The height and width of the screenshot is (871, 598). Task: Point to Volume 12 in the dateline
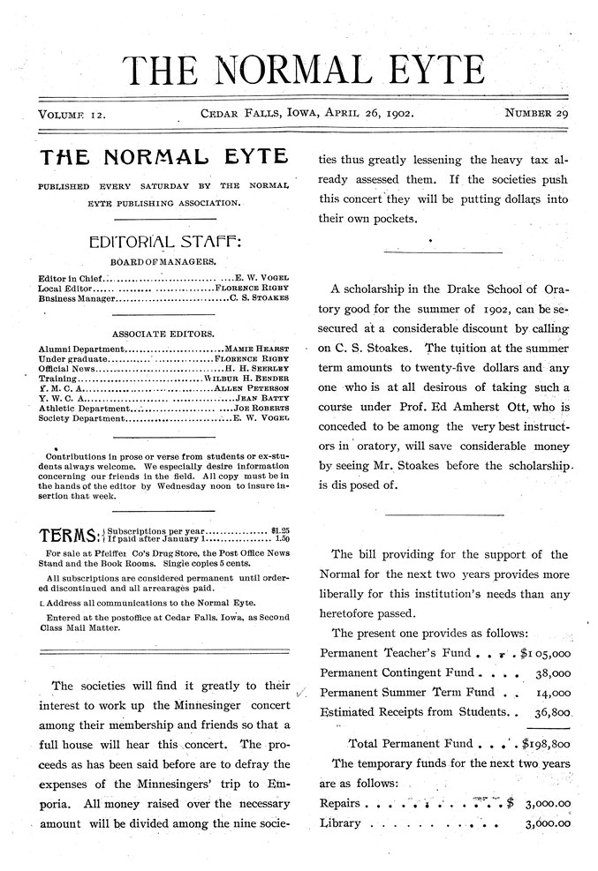(x=72, y=114)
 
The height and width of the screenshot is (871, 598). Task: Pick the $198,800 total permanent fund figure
(x=546, y=742)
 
